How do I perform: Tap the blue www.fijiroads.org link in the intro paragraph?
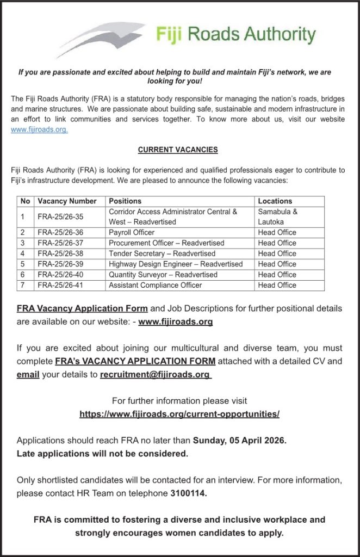pos(39,130)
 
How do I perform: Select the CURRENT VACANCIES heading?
pos(178,150)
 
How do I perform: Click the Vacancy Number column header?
pos(67,201)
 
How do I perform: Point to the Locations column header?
pos(275,201)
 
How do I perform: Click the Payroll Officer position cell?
pos(132,232)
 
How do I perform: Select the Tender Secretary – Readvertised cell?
pos(162,253)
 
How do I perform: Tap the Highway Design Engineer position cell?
pos(176,264)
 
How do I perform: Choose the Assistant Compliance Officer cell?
pos(156,285)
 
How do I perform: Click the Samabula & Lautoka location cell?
pos(278,216)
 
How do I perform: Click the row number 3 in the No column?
pos(22,243)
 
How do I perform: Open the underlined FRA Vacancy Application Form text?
pos(82,308)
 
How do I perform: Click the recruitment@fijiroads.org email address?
pos(155,374)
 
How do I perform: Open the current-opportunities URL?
pos(179,414)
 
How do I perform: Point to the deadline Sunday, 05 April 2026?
pos(239,440)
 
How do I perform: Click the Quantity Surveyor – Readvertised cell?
pos(163,275)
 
